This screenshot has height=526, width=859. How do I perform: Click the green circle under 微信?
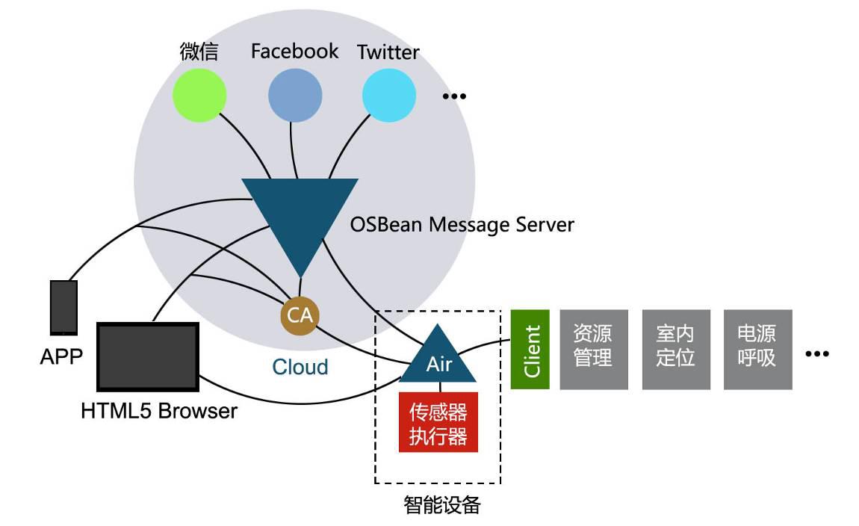[x=199, y=95]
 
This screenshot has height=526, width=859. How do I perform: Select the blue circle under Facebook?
[x=295, y=95]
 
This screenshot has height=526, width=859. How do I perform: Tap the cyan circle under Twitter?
[x=389, y=95]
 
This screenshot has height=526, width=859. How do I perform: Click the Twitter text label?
[x=388, y=52]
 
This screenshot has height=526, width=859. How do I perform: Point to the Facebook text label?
[x=294, y=51]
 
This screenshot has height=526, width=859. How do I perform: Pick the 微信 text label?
[x=199, y=51]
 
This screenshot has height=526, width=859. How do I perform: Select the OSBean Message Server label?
[x=462, y=224]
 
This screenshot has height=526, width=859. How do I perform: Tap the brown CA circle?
[x=300, y=315]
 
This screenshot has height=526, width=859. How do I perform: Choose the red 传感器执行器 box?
[x=438, y=422]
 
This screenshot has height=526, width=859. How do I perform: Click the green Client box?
[x=530, y=350]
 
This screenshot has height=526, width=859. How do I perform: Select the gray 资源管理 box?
[x=593, y=350]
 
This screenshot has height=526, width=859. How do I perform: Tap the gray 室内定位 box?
[x=675, y=350]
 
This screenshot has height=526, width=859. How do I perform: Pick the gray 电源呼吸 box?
[x=757, y=350]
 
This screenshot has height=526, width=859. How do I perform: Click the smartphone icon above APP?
[x=63, y=307]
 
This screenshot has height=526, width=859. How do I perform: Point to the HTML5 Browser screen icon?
[x=148, y=356]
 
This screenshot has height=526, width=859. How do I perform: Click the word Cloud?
[x=300, y=367]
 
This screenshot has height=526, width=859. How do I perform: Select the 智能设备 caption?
[x=441, y=505]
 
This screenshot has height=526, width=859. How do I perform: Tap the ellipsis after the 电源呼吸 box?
[x=817, y=354]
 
